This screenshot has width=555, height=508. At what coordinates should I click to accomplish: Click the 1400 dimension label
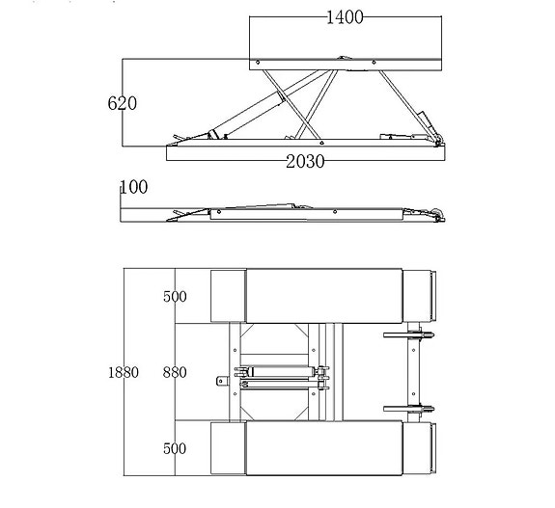pos(345,17)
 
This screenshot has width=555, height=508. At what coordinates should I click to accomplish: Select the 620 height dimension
pos(123,103)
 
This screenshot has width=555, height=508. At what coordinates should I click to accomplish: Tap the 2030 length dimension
pos(305,162)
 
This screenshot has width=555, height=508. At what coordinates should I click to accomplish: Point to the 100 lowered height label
pos(134,187)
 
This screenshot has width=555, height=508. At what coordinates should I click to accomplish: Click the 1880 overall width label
pos(124,372)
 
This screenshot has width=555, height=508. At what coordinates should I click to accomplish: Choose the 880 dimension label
pos(175,372)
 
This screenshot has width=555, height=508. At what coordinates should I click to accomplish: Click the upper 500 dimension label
pos(175,296)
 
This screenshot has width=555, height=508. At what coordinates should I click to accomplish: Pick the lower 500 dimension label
pos(175,448)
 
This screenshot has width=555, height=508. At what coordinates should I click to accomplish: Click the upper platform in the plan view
pos(324,296)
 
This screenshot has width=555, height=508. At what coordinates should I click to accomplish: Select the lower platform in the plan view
pos(324,448)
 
